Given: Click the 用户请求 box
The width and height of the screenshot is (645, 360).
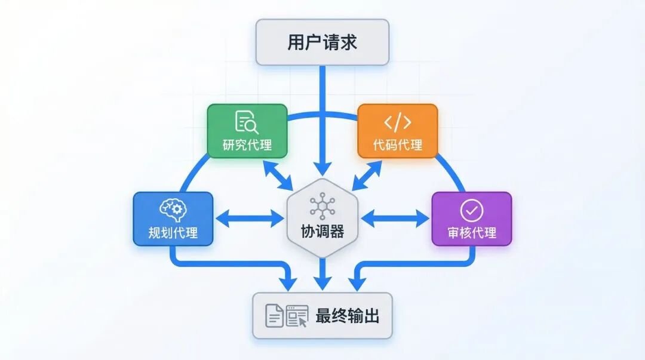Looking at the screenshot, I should pos(322,42).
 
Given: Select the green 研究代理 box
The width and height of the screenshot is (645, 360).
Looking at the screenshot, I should pos(247,131).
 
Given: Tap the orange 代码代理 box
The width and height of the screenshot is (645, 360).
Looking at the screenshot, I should pos(397,131).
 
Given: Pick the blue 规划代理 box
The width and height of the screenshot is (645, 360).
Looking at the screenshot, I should pos(173,219).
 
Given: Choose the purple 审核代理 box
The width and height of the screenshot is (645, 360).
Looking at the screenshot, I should pos(472,219).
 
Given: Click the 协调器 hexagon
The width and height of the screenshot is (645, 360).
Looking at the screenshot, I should pos(322,219).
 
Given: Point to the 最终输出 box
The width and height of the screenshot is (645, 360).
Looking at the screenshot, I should pos(322,316).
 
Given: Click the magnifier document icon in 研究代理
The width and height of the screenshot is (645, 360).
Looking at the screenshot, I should pos(247,122).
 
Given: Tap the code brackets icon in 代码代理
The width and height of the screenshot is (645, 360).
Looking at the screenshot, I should pos(397,122).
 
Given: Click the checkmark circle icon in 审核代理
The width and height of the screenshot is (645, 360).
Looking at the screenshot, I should pos(472,210).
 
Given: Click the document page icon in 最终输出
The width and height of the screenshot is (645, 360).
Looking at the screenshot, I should pos(274,316).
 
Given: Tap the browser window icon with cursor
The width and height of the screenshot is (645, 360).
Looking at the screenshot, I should pos(297,316).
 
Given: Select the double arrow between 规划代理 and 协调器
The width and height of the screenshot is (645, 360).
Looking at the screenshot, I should pos(250,219).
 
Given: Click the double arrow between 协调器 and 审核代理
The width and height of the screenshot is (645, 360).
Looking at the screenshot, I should pos(395,219).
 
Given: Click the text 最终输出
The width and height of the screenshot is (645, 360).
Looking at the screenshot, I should pos(348,316).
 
